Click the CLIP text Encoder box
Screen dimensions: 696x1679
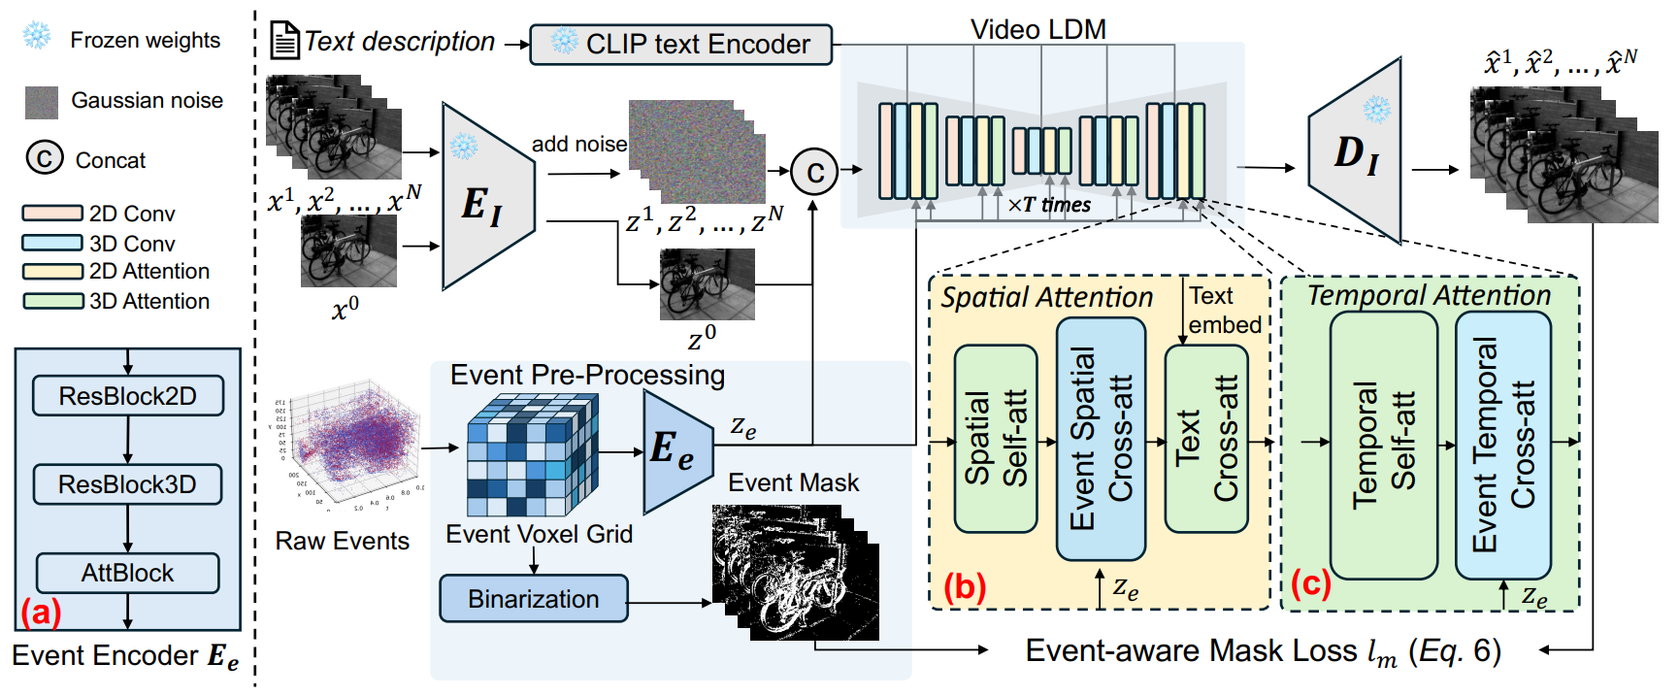point(680,45)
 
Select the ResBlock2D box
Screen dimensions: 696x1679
point(128,396)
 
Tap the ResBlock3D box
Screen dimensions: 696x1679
point(128,484)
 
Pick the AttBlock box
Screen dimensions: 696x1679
point(128,573)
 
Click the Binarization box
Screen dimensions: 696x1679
point(533,599)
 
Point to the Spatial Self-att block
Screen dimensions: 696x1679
point(996,439)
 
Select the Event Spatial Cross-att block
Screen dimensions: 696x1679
point(1101,439)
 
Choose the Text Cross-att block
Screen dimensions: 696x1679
point(1206,439)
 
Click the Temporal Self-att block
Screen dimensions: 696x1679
point(1383,445)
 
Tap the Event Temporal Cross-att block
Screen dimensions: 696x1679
point(1503,445)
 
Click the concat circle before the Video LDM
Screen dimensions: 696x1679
point(815,172)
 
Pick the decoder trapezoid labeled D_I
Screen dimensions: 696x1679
point(1357,150)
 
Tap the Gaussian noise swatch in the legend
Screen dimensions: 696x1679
point(42,102)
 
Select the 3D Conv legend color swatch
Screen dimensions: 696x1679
point(52,243)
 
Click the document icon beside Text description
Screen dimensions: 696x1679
point(284,41)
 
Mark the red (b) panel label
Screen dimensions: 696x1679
point(965,587)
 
